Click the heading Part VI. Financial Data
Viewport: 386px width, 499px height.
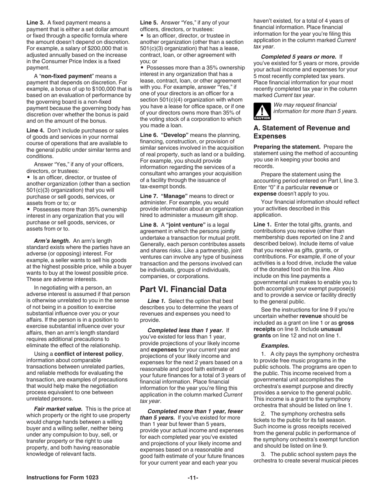click(183, 289)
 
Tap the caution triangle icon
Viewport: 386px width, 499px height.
click(262, 111)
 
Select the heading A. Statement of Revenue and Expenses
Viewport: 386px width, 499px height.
click(301, 132)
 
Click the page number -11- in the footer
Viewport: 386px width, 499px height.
click(193, 477)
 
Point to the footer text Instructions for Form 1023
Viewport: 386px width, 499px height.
click(62, 477)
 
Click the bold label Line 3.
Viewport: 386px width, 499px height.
click(36, 23)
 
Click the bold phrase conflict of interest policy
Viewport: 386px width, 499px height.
click(88, 354)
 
